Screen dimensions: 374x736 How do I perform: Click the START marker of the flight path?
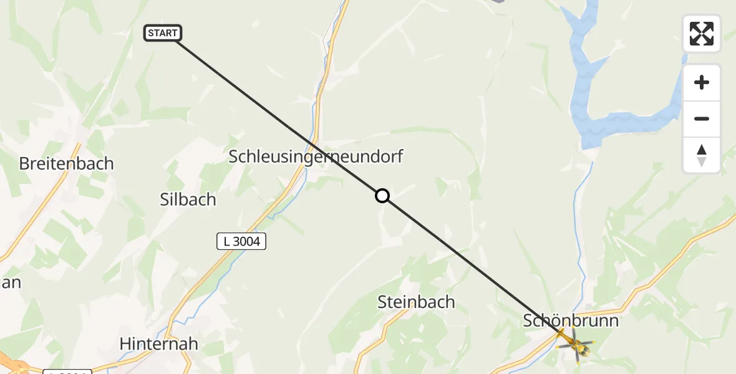[x=163, y=33]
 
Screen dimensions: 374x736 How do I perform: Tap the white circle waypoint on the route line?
[x=382, y=196]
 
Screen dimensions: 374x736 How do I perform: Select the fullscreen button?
[x=702, y=34]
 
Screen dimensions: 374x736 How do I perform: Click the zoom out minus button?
[x=702, y=119]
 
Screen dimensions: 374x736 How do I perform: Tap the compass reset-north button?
[x=702, y=155]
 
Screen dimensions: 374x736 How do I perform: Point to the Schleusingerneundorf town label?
[x=316, y=156]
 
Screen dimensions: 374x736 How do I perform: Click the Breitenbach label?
[x=67, y=164]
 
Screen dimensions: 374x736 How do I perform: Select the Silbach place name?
[x=188, y=199]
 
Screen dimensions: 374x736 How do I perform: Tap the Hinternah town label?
[x=158, y=343]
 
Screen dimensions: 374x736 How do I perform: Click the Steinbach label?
[x=416, y=302]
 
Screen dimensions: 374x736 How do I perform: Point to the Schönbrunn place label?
[x=571, y=321]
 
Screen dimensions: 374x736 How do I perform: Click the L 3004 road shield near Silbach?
[x=241, y=241]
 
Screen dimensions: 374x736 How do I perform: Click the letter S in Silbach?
[x=165, y=199]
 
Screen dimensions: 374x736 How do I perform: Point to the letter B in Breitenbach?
[x=25, y=164]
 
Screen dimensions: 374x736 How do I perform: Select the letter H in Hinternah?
[x=125, y=343]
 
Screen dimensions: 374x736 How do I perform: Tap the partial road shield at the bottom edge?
[x=67, y=372]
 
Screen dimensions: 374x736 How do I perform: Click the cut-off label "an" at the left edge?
[x=11, y=282]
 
